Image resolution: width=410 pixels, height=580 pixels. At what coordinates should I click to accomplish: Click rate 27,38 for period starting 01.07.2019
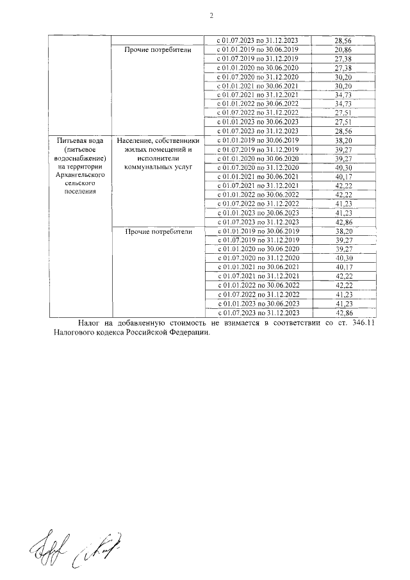click(342, 58)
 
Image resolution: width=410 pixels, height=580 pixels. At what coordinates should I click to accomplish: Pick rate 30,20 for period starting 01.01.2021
click(342, 86)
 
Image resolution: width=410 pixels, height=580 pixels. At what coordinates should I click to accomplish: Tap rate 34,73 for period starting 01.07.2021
click(342, 95)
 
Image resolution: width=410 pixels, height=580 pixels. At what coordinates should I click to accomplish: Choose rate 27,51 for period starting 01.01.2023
click(342, 122)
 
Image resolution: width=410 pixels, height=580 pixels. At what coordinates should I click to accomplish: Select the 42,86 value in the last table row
click(342, 312)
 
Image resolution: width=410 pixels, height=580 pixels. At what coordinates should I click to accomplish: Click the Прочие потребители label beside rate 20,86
click(154, 49)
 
